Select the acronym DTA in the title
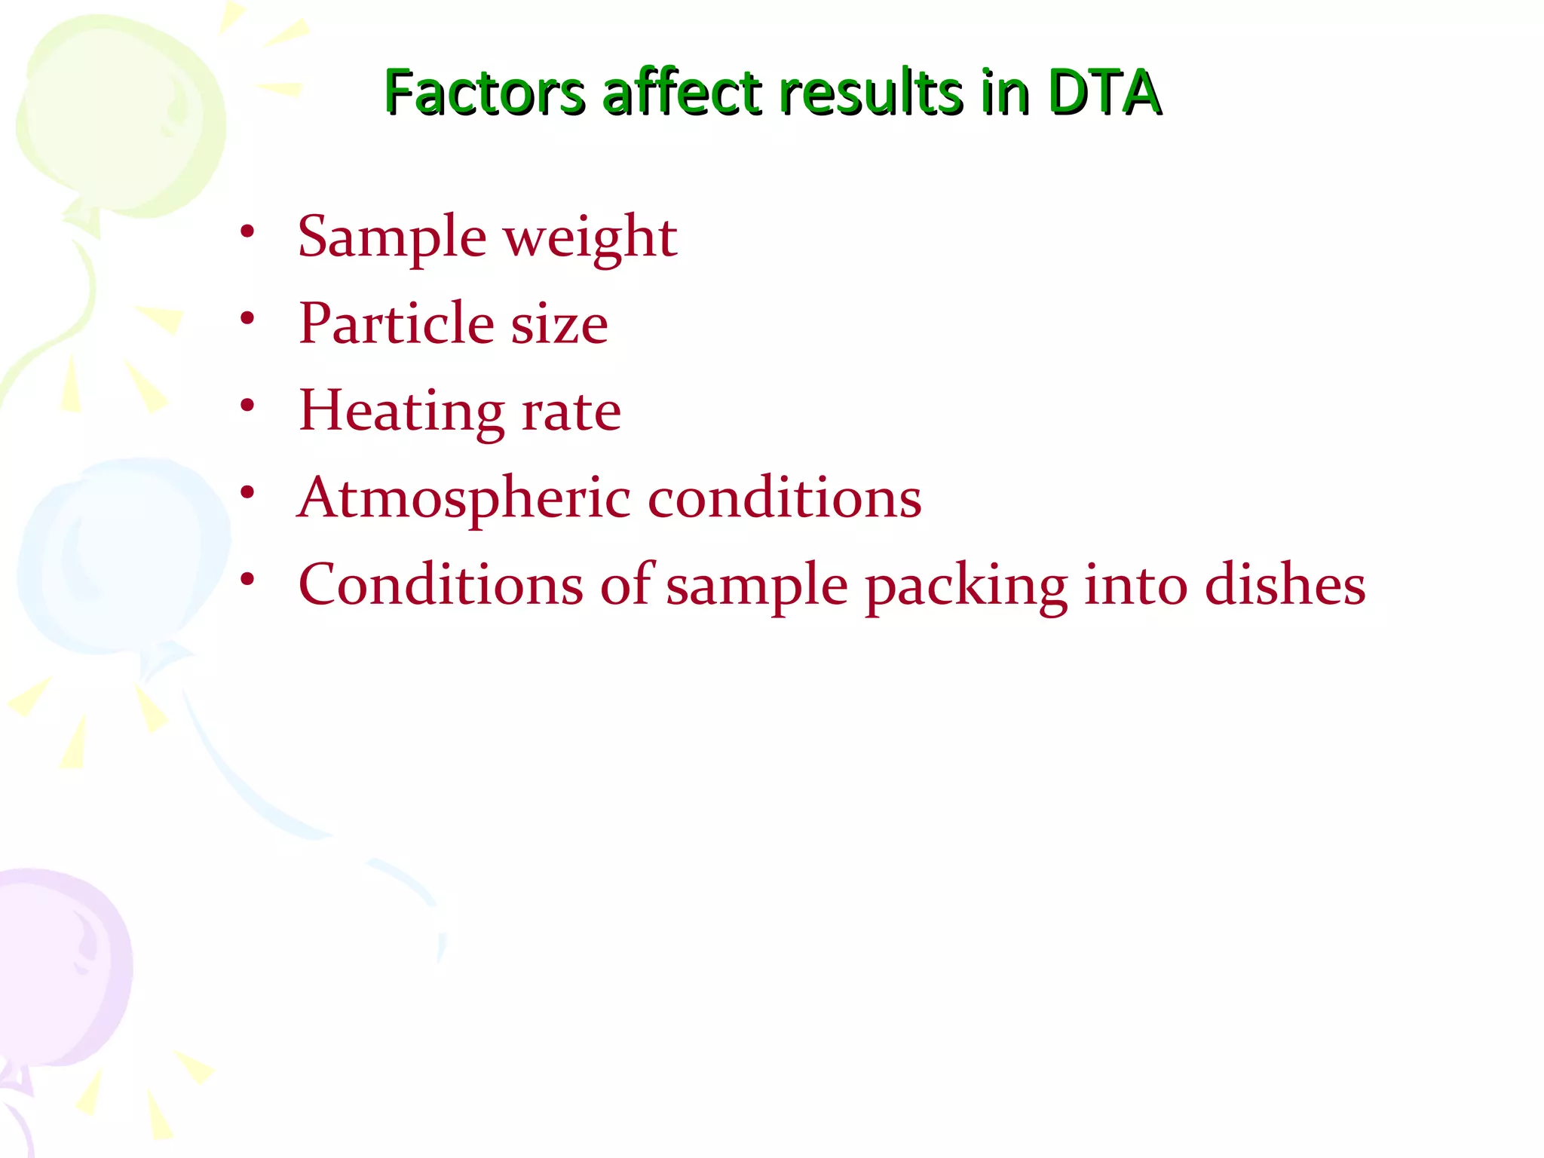coord(1104,93)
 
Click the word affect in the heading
coord(682,93)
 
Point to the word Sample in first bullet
coord(392,237)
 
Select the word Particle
coord(397,323)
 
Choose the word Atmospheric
coord(464,499)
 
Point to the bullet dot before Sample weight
coord(247,231)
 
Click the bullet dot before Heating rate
coord(247,406)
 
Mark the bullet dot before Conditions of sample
coord(247,579)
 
